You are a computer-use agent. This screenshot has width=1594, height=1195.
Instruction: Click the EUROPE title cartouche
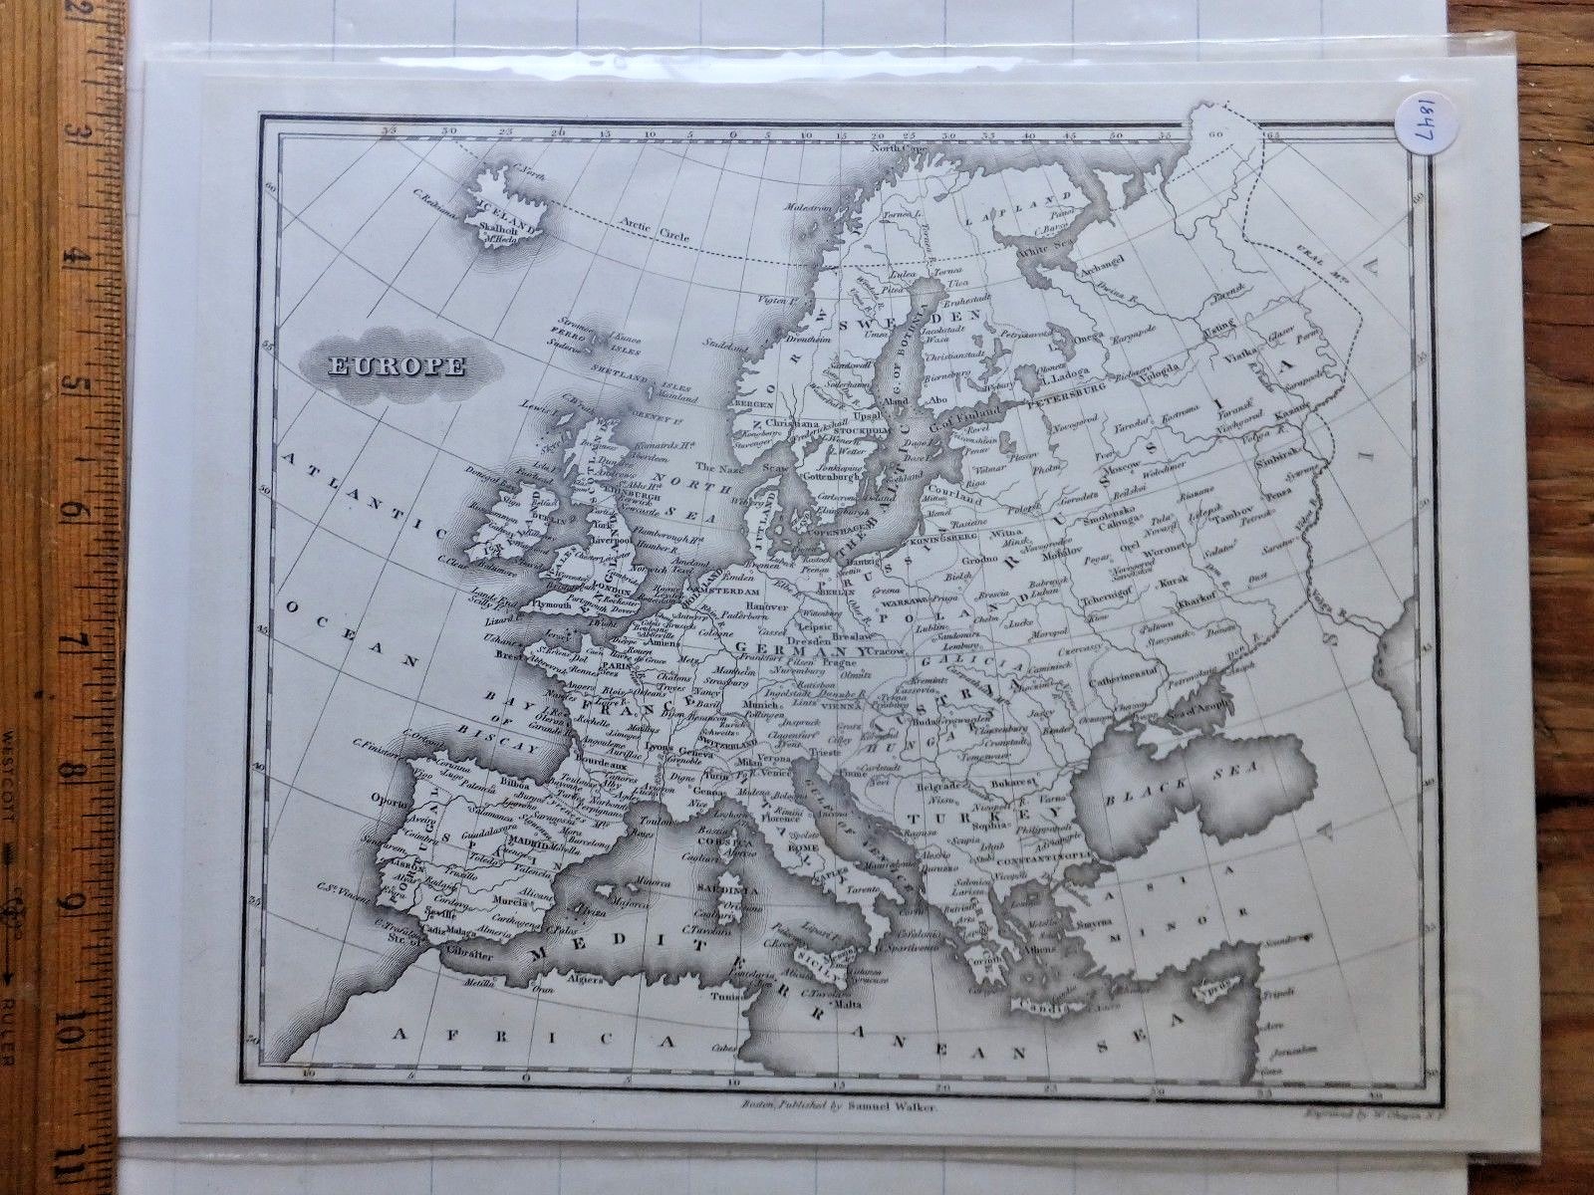pyautogui.click(x=397, y=365)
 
